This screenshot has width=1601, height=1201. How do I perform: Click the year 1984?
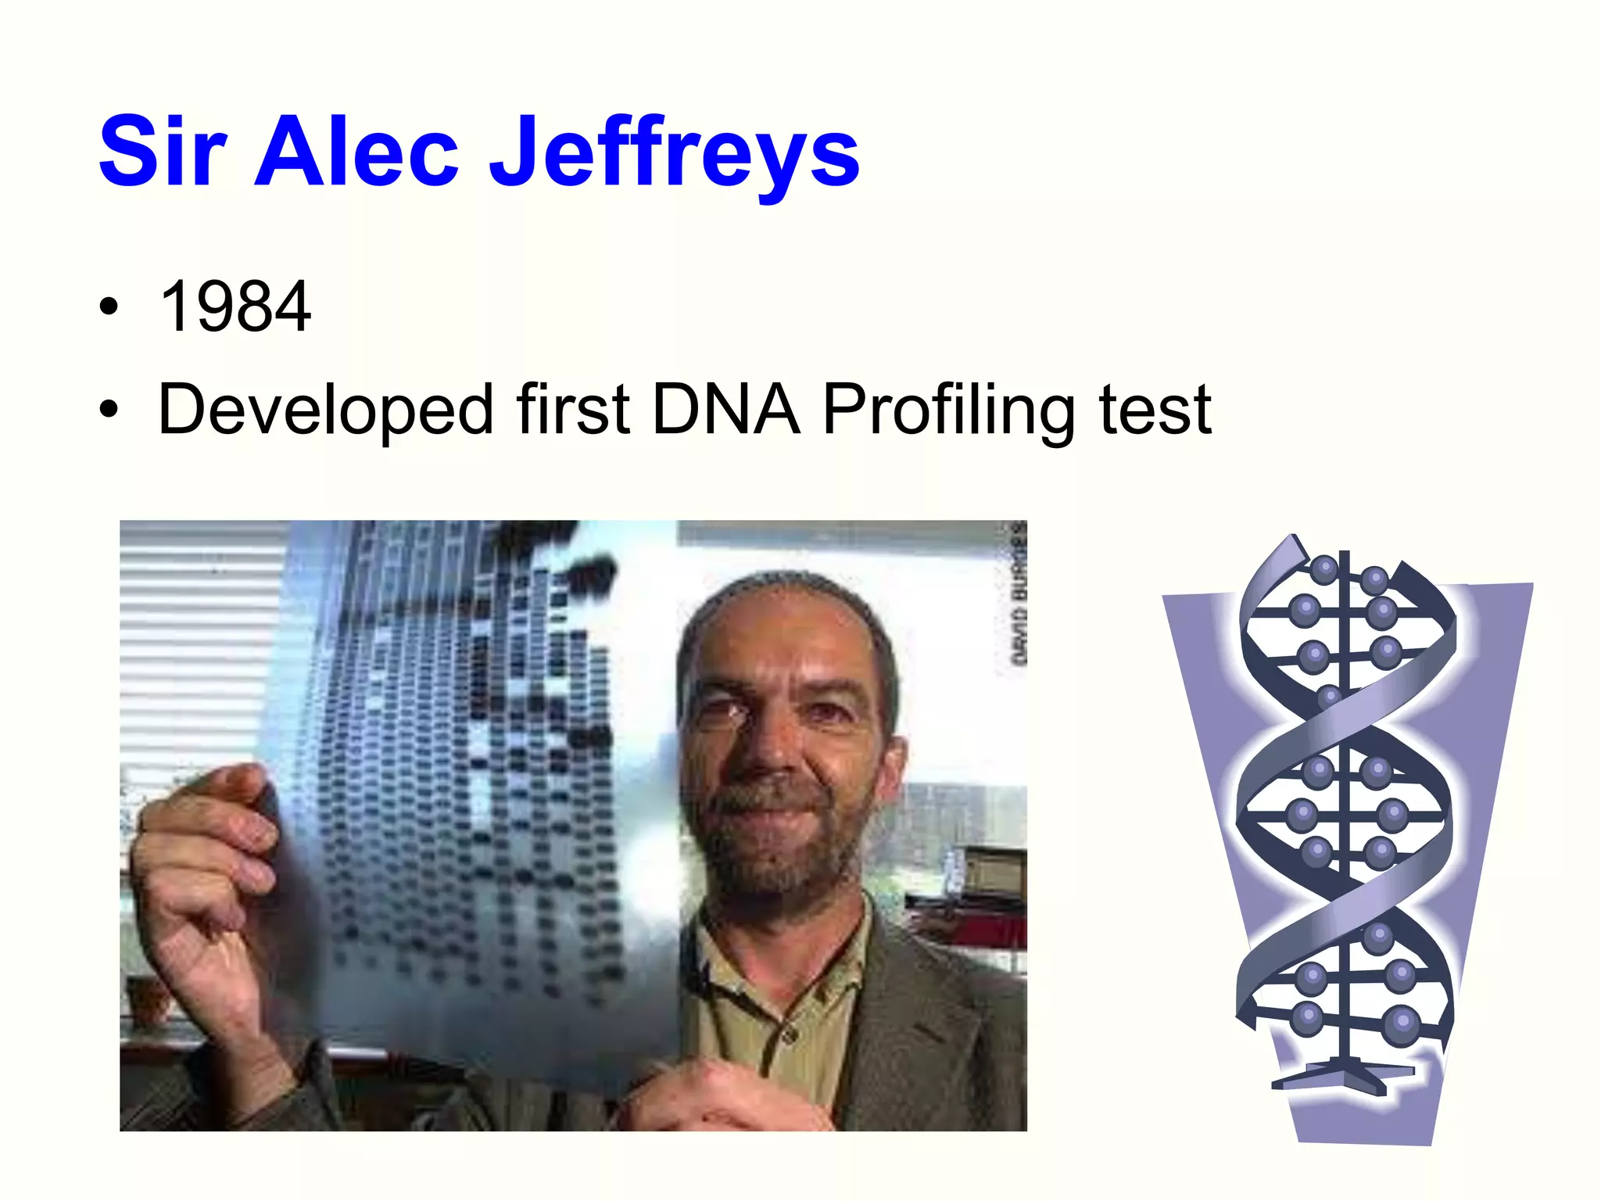pos(235,307)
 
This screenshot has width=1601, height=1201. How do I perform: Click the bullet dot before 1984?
pos(109,307)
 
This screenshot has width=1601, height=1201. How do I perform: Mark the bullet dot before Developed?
pos(109,409)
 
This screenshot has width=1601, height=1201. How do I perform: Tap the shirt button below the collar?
pos(790,1035)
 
